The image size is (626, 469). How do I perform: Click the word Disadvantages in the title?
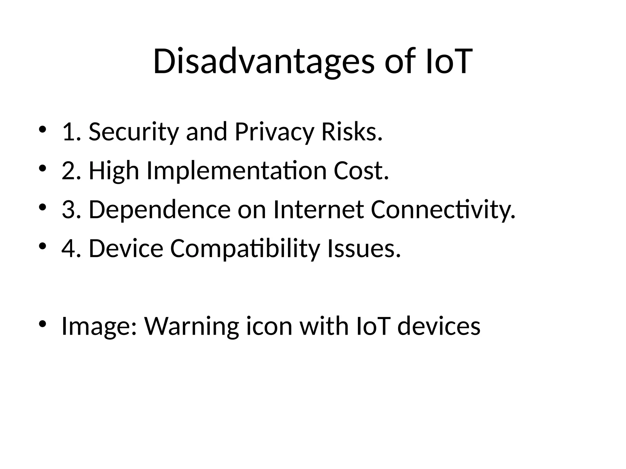point(263,61)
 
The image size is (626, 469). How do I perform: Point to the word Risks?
point(352,132)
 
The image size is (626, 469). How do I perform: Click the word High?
point(114,171)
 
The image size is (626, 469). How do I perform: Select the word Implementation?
point(237,171)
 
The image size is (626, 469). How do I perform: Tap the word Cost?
point(361,171)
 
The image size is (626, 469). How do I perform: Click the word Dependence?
point(160,210)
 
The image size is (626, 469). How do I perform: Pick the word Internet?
point(318,210)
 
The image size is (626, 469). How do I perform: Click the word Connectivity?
point(443,210)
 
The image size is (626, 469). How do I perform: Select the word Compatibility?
point(245,249)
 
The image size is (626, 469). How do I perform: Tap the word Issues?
point(363,249)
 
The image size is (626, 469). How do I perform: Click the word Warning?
point(191,326)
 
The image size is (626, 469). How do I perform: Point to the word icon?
point(269,326)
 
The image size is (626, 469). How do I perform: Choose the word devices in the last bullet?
point(439,326)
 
